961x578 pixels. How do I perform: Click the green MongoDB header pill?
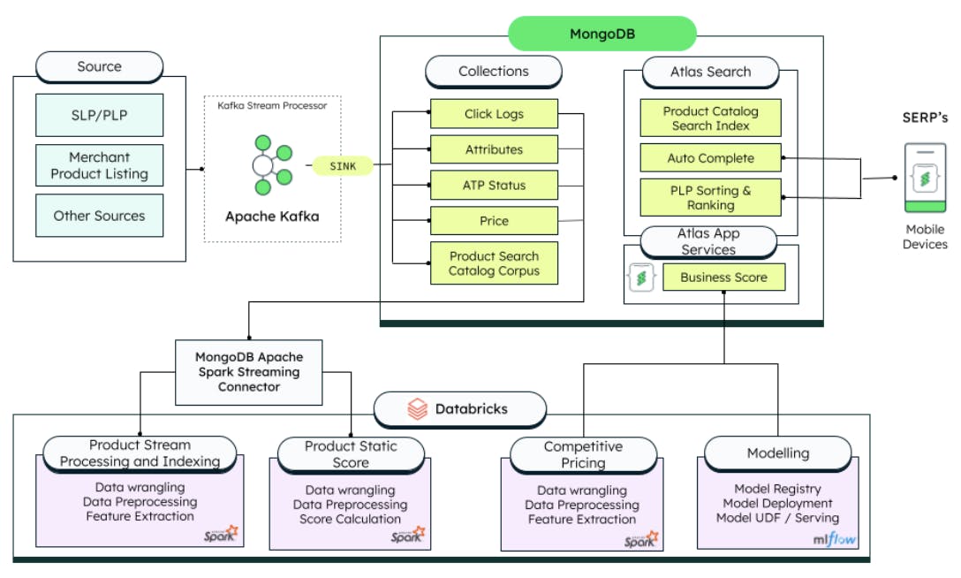click(x=602, y=34)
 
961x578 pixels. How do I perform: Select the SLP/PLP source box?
click(x=99, y=115)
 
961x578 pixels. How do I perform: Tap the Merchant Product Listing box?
click(x=99, y=165)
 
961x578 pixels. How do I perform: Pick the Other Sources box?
click(x=99, y=216)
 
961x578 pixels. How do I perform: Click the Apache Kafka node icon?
click(x=272, y=165)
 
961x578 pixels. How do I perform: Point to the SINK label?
click(x=343, y=166)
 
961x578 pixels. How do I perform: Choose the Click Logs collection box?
click(x=494, y=114)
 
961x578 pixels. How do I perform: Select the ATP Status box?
click(x=494, y=185)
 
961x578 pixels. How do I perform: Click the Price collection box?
click(x=494, y=221)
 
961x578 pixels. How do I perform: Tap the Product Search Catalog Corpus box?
click(x=494, y=263)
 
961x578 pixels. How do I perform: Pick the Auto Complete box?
click(x=711, y=158)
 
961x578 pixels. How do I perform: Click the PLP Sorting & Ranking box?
click(x=711, y=197)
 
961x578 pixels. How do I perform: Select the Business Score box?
click(x=723, y=277)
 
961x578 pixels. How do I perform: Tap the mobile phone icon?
click(x=926, y=178)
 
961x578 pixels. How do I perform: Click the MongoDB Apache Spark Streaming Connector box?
click(x=249, y=373)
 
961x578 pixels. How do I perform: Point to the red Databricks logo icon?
click(x=418, y=409)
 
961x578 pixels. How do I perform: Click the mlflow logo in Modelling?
click(x=834, y=539)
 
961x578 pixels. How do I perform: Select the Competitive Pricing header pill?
click(x=584, y=455)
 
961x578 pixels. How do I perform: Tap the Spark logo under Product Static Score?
click(x=408, y=534)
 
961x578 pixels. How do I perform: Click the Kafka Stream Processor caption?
click(x=272, y=105)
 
